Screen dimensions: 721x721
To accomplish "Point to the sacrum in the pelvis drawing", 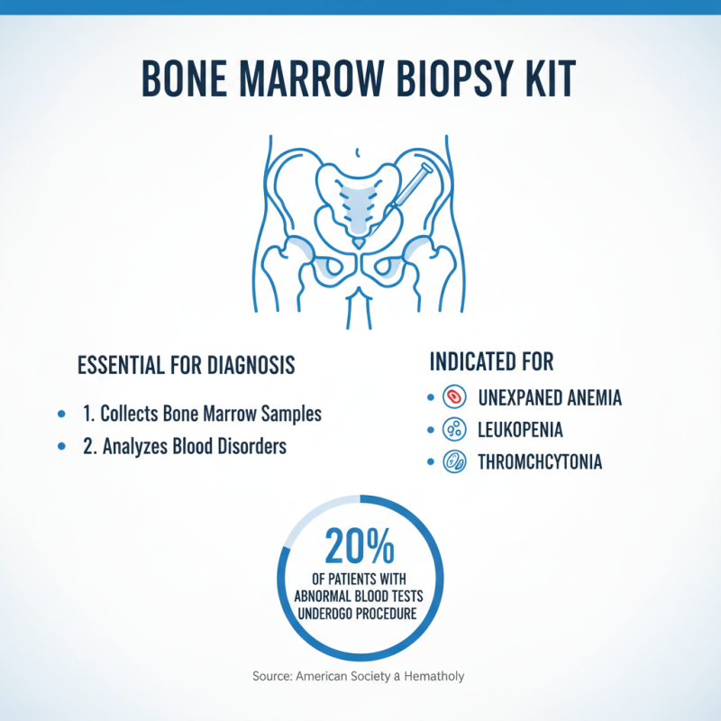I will (x=359, y=205).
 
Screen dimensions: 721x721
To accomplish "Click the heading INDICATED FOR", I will (x=491, y=362).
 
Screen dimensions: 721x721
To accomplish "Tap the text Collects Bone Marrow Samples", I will (x=211, y=415).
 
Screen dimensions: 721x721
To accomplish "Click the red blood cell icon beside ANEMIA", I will (x=455, y=397).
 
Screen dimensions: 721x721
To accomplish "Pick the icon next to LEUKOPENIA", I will (x=455, y=430).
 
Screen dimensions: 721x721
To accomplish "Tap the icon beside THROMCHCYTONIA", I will (x=455, y=462).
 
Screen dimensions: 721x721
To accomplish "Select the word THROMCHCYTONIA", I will (x=540, y=462).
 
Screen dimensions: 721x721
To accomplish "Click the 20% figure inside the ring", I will (x=360, y=546).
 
